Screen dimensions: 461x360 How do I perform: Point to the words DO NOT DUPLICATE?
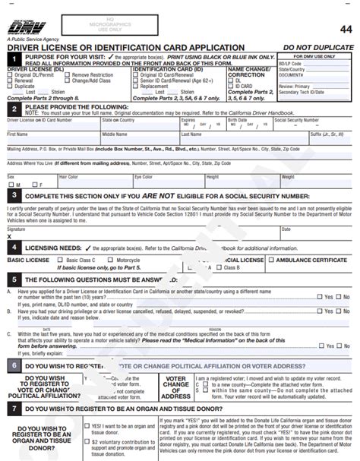(329, 47)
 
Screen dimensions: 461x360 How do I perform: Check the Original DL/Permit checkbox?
(10, 75)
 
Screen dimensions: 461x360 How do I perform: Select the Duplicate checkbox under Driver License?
(10, 86)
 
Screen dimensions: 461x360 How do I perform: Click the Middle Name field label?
(115, 134)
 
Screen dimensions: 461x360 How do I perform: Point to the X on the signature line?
(10, 236)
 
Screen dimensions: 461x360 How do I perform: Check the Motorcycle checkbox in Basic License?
(112, 260)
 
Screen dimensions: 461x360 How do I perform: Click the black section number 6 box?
(13, 365)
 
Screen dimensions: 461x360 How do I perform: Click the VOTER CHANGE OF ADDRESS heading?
(176, 387)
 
